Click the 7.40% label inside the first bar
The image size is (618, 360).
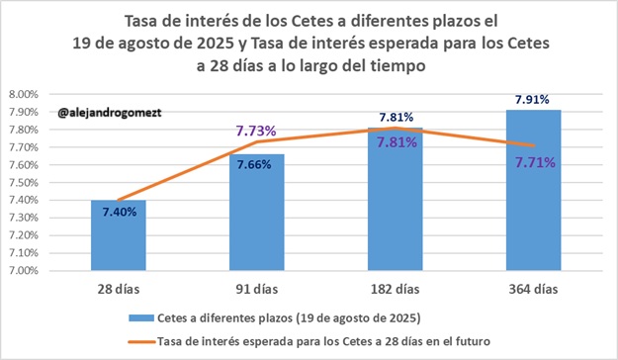119,213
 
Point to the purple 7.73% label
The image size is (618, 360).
255,131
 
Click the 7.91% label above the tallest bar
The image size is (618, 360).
533,99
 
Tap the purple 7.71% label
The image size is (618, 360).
534,161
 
